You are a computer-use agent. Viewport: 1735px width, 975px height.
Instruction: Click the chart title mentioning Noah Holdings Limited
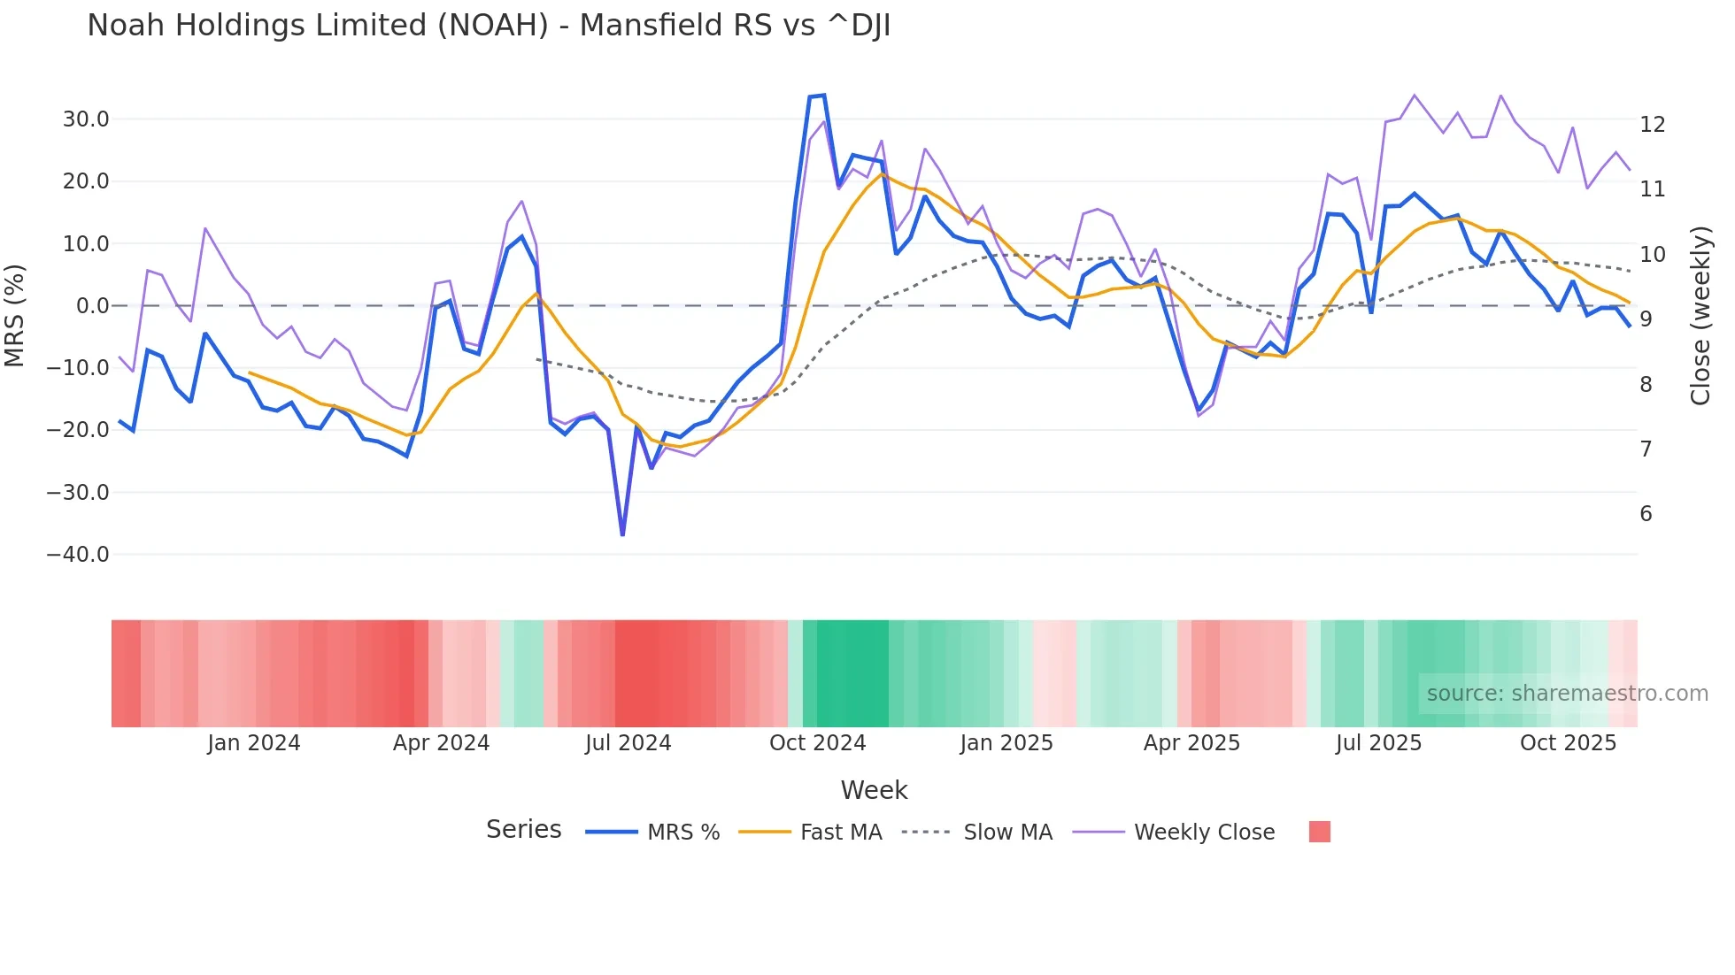coord(489,26)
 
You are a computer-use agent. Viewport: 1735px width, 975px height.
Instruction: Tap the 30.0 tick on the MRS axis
coord(86,119)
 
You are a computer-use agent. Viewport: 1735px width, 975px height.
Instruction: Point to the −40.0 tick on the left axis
coord(79,555)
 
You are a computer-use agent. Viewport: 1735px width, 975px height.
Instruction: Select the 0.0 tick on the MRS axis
coord(93,306)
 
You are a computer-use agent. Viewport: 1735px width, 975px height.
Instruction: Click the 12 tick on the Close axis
coord(1652,125)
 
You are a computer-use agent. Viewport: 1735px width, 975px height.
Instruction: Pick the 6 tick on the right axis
coord(1646,514)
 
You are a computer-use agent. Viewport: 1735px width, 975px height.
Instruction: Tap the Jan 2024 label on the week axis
coord(254,743)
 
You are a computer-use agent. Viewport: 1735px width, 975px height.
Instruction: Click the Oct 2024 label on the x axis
coord(817,743)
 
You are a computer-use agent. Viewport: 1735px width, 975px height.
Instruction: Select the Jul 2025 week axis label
coord(1378,743)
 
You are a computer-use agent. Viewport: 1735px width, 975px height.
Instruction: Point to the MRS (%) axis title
coord(15,315)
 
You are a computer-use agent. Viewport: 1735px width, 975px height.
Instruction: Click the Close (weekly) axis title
coord(1700,316)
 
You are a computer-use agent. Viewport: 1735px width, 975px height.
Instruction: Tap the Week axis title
coord(874,790)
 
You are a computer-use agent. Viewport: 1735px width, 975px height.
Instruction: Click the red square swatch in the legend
coord(1319,832)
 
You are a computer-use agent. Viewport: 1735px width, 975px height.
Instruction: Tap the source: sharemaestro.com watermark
coord(1567,694)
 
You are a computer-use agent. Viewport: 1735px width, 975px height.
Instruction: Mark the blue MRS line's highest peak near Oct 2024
coord(824,96)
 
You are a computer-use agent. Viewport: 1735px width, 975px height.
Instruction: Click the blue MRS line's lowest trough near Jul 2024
coord(623,534)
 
